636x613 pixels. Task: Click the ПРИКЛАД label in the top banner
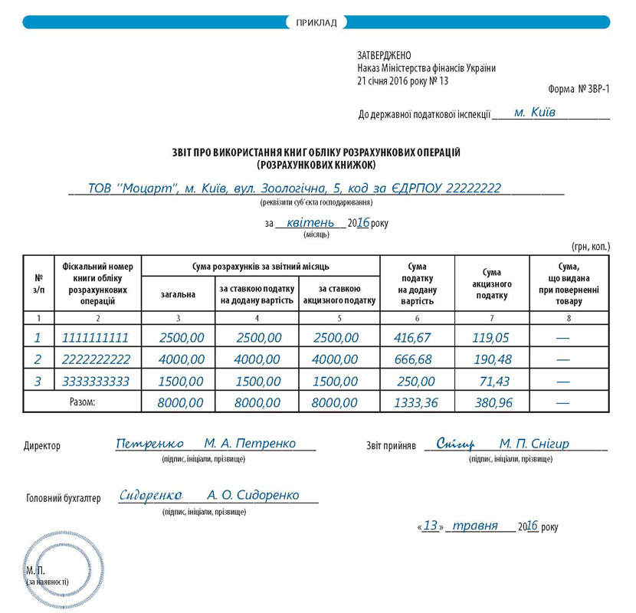(x=316, y=22)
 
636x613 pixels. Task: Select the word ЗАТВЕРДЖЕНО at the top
(x=384, y=55)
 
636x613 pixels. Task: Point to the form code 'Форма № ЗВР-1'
(x=579, y=90)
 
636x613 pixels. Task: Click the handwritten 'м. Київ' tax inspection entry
(x=535, y=112)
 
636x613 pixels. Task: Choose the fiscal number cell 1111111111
(x=92, y=337)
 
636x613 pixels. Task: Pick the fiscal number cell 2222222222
(x=92, y=359)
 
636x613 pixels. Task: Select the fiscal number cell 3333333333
(x=92, y=381)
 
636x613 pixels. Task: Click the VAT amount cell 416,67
(x=416, y=337)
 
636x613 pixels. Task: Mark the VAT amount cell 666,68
(x=416, y=359)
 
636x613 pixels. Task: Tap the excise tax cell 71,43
(x=492, y=381)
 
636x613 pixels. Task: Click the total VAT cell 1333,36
(x=416, y=402)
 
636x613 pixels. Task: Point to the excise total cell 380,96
(x=492, y=402)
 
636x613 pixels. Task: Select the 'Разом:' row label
(x=82, y=402)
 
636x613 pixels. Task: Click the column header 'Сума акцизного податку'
(x=491, y=284)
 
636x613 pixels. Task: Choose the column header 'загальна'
(x=178, y=294)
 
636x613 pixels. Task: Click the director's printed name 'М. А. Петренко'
(x=250, y=444)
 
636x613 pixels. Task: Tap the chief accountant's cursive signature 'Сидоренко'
(x=150, y=496)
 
